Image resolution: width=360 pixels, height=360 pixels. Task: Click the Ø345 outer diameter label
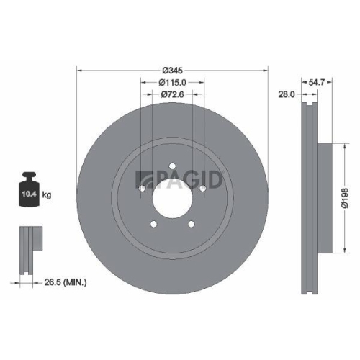[173, 70]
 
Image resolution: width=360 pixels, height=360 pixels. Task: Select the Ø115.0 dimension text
[173, 83]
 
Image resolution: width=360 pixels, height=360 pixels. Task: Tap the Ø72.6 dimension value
[173, 95]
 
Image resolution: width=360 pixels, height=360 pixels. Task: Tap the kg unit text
[48, 195]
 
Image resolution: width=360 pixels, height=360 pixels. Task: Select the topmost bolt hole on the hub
[173, 168]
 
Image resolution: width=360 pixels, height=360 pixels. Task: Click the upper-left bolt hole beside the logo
[143, 189]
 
